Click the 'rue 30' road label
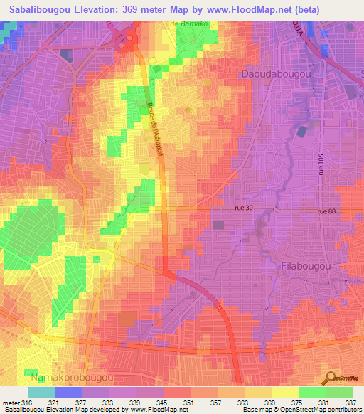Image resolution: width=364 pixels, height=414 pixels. point(242,208)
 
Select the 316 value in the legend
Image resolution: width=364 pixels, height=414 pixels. point(23,403)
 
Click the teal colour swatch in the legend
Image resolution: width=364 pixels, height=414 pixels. point(42,392)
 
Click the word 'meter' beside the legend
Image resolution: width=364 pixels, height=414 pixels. point(9,403)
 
